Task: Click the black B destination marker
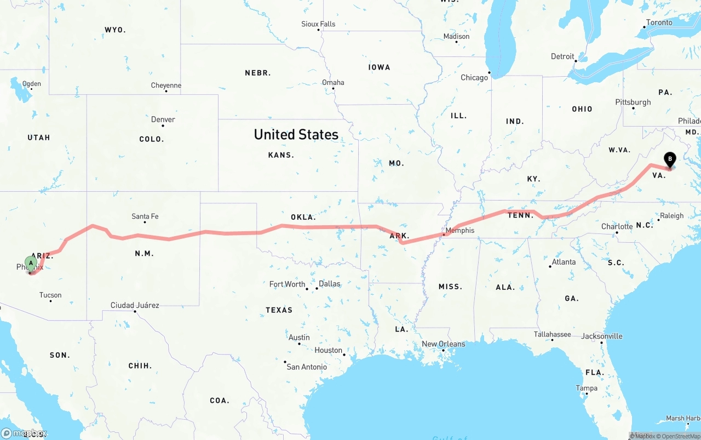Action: (x=670, y=159)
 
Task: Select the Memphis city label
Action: (x=460, y=230)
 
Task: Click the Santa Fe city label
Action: (x=145, y=216)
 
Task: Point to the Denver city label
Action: (x=163, y=119)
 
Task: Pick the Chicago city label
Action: (x=474, y=78)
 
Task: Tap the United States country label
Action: (x=296, y=134)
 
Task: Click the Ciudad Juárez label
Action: (x=135, y=305)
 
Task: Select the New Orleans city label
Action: (x=443, y=344)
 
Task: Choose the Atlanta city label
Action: (x=564, y=262)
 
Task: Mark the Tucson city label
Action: (x=50, y=295)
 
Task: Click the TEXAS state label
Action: (x=279, y=310)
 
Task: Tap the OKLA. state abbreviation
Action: (x=303, y=217)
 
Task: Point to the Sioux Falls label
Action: (x=318, y=24)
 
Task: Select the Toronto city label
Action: (x=659, y=22)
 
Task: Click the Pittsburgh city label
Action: (x=633, y=102)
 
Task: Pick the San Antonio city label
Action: (x=307, y=367)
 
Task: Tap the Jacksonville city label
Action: (x=602, y=336)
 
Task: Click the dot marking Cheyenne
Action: (x=166, y=91)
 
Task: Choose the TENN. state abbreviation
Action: (x=520, y=215)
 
